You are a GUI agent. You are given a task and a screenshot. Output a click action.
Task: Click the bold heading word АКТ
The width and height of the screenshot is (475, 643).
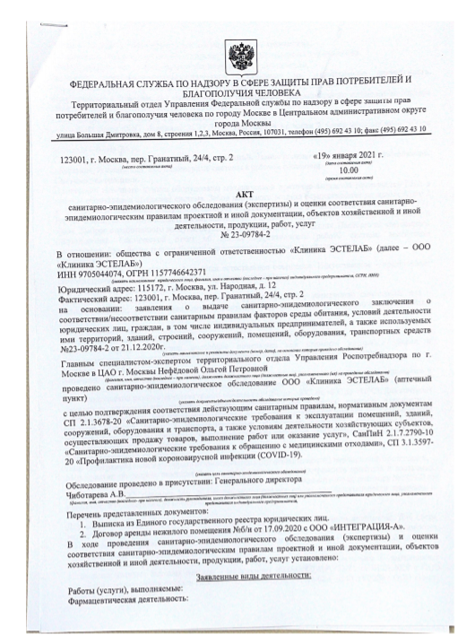pyautogui.click(x=237, y=195)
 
